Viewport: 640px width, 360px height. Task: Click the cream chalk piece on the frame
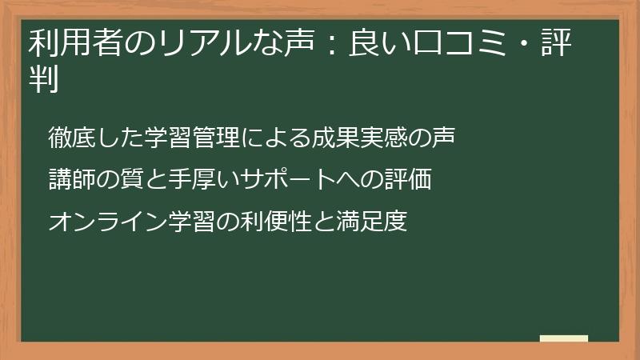click(x=563, y=339)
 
